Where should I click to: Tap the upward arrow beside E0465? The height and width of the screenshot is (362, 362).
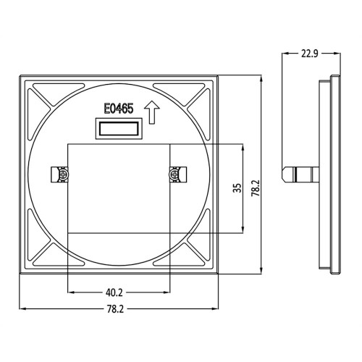click(x=151, y=112)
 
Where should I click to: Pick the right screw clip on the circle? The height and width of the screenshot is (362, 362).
click(x=177, y=174)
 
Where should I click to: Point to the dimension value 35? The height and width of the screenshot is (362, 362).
click(x=236, y=188)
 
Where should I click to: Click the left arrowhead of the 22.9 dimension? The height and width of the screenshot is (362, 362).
click(x=285, y=54)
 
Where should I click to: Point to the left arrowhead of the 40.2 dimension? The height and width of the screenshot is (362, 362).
click(x=71, y=293)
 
